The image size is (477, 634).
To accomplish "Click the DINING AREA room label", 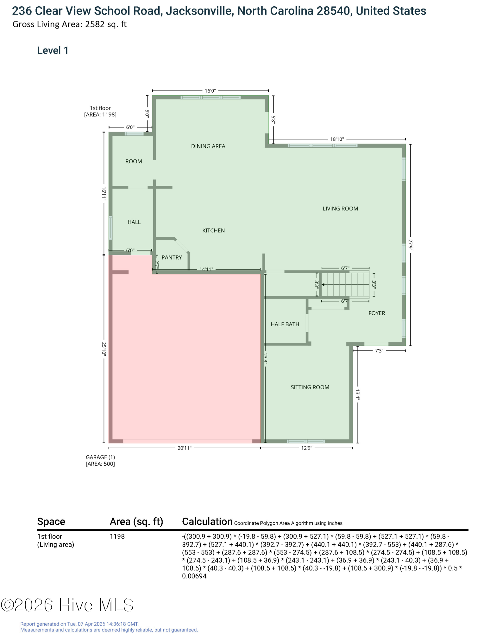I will click(x=208, y=146).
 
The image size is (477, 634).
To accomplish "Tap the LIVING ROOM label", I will click(x=340, y=209).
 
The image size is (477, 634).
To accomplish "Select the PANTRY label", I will click(x=172, y=257).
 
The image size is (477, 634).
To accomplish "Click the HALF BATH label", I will click(x=285, y=324).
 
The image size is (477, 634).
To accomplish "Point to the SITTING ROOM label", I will click(x=310, y=387).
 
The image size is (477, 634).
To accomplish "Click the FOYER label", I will click(x=377, y=313).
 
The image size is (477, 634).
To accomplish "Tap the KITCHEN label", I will click(x=213, y=230).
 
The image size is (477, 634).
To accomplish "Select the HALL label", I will click(x=134, y=222).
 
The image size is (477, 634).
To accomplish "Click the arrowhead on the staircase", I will click(x=323, y=285).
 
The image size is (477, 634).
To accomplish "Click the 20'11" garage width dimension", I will click(x=184, y=448).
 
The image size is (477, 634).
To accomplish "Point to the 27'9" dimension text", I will click(x=411, y=245).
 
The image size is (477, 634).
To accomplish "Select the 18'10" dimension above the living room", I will click(x=337, y=139).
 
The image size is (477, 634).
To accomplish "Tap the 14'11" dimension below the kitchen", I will click(x=206, y=269).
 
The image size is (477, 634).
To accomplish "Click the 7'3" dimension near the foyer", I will click(x=379, y=351).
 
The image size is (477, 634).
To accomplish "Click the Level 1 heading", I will click(x=53, y=50).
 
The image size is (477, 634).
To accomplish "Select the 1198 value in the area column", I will click(x=117, y=536).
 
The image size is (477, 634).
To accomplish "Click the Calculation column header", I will click(x=207, y=521).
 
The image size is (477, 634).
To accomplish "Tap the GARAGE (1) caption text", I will click(x=100, y=457).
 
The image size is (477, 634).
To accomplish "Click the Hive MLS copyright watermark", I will click(x=67, y=605).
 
